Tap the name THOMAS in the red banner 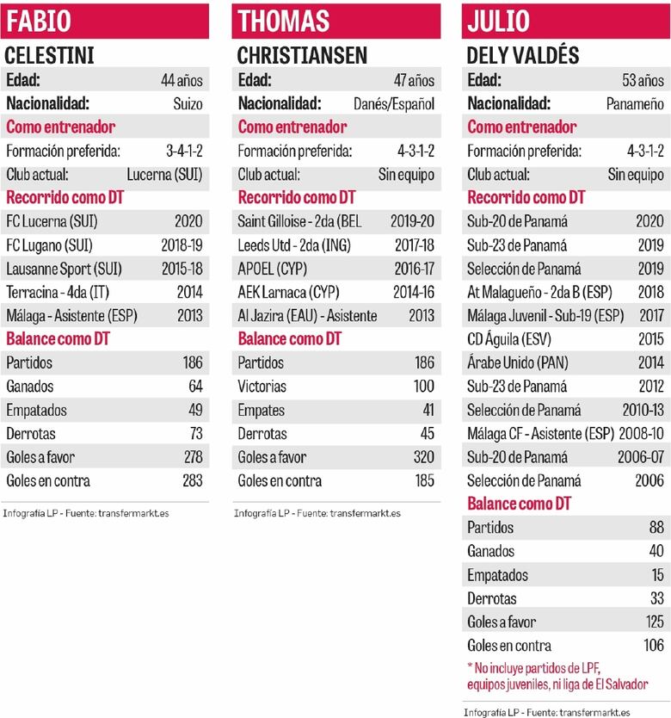coord(284,21)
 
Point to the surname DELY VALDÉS coord(524,56)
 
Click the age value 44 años coord(182,80)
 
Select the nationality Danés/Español coord(394,104)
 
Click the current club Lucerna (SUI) coord(164,175)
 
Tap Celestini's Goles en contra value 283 coord(192,481)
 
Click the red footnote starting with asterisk coord(557,676)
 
